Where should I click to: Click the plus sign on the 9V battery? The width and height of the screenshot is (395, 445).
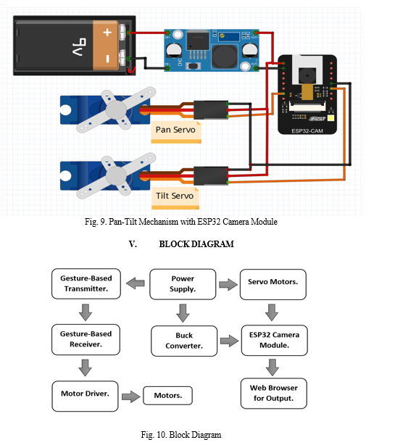tap(107, 33)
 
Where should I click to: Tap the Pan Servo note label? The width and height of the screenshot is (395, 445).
tap(176, 132)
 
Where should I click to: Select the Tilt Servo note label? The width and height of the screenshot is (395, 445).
tap(175, 198)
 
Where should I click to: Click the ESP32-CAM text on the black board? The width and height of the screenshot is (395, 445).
tap(307, 131)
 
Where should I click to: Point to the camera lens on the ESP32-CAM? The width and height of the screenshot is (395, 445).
tap(307, 75)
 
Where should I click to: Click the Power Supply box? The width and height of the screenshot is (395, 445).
tap(183, 284)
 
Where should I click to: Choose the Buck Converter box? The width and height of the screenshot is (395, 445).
tap(184, 341)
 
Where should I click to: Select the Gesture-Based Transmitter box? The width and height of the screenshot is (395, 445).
tap(86, 283)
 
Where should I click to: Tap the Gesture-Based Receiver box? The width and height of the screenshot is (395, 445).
tap(86, 339)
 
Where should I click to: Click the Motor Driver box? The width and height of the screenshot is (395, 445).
tap(85, 396)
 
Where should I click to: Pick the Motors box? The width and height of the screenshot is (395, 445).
tap(168, 395)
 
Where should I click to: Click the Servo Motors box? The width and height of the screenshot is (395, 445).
tap(273, 284)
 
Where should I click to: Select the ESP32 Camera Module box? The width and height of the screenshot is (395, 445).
tap(275, 341)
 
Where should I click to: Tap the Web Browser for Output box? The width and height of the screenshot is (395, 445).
tap(274, 394)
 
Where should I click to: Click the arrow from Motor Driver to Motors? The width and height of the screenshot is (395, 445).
tap(130, 396)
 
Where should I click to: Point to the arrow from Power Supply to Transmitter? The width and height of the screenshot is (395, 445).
tap(136, 283)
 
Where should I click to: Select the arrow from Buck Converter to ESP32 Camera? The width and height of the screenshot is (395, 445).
tap(229, 341)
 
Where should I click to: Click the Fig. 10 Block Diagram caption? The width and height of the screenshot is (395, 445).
tap(181, 435)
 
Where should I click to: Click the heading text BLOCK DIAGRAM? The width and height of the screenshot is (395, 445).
tap(196, 244)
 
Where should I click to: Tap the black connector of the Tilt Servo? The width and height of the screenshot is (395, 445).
tap(211, 176)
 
